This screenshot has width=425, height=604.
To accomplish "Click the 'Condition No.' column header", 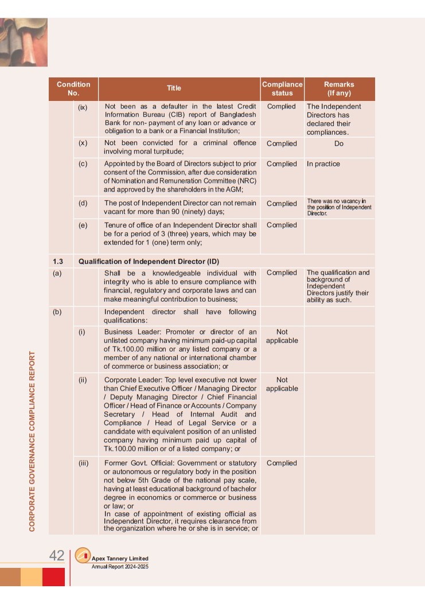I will pyautogui.click(x=73, y=88).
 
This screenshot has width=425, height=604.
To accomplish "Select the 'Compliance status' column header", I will pyautogui.click(x=282, y=88).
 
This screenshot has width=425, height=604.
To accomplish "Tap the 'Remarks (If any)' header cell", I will pyautogui.click(x=339, y=88).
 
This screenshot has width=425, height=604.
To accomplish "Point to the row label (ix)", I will pyautogui.click(x=83, y=107).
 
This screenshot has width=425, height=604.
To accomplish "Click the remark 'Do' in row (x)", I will pyautogui.click(x=339, y=143).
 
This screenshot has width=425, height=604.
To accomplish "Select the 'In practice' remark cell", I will pyautogui.click(x=323, y=164).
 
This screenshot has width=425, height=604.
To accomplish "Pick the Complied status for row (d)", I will pyautogui.click(x=282, y=204).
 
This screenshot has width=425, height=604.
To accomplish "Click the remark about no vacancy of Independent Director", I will pyautogui.click(x=339, y=206).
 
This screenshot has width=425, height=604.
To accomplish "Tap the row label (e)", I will pyautogui.click(x=83, y=225).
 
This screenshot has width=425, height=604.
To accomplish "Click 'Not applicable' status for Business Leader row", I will pyautogui.click(x=282, y=336).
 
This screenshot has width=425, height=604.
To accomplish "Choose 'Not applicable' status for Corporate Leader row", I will pyautogui.click(x=282, y=384).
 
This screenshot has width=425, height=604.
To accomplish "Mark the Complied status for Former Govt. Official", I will pyautogui.click(x=282, y=463).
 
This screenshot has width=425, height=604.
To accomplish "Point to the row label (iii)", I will pyautogui.click(x=84, y=463).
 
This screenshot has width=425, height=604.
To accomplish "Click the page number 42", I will pyautogui.click(x=57, y=555).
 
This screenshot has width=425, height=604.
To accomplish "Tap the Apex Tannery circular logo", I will pyautogui.click(x=83, y=556).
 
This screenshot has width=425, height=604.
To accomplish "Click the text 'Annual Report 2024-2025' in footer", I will pyautogui.click(x=120, y=567).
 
